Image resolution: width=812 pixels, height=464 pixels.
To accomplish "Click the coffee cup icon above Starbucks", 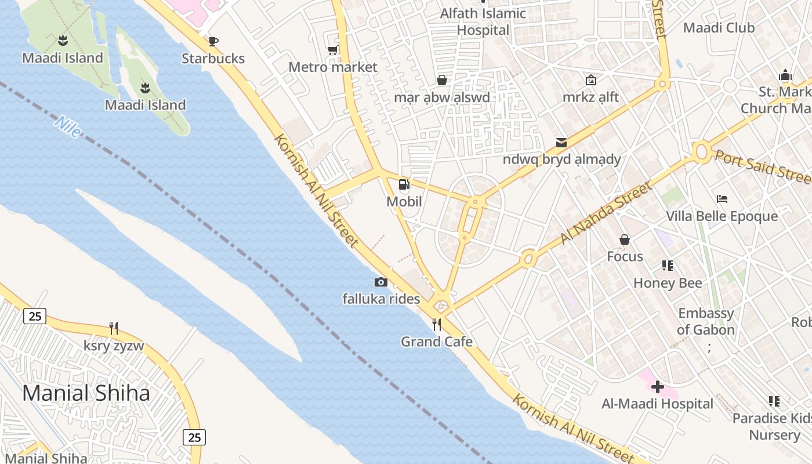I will pos(213,41).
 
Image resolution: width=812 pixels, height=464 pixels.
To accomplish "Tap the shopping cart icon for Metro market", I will pos(333,50).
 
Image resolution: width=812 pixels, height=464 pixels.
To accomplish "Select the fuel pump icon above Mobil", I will pos(404,184).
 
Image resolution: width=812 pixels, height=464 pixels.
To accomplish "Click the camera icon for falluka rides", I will pos(381,282).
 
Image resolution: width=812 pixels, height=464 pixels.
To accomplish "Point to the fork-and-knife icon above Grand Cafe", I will pos(437,325).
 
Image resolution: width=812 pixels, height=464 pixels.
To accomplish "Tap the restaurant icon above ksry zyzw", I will pos(114,328).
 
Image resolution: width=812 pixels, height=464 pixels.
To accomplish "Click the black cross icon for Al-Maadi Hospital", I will pos(658,387).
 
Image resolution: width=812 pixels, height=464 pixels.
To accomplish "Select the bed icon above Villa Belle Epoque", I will pos(722,199).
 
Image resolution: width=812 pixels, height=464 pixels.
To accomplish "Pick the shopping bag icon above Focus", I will pos(625,240).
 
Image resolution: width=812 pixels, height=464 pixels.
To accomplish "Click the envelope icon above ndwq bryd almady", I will pos(561,142).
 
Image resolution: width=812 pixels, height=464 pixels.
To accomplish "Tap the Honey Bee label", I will pos(668,283).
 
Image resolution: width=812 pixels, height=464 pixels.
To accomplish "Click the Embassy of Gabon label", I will pos(706,321).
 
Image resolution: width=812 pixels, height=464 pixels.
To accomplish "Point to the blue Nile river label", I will pos(68,127).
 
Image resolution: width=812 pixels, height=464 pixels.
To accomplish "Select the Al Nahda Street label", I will pos(607,213).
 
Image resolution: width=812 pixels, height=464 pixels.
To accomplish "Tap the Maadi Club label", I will pos(719,27).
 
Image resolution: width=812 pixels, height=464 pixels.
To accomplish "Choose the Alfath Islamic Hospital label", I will pos(483,21).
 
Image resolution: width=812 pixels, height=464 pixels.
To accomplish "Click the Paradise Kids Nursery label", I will pos(771,426).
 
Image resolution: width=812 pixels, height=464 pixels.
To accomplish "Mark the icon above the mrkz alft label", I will pos(591,80).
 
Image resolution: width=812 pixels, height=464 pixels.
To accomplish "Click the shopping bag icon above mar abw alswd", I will pos(442,80).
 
